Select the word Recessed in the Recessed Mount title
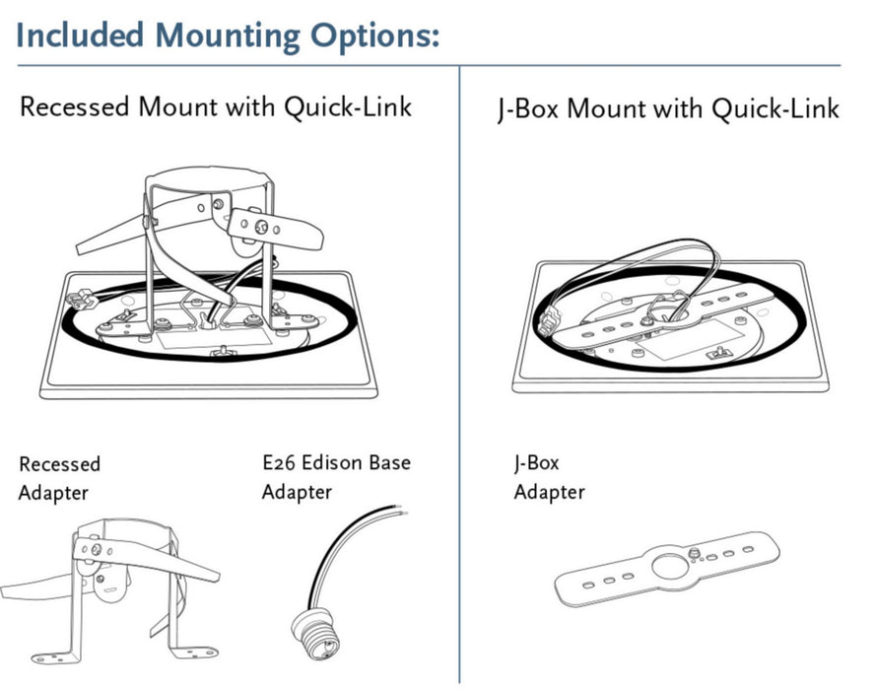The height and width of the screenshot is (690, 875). coord(75,107)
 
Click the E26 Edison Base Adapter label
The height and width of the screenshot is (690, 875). coord(335,476)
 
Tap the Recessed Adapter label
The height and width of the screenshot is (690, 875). coord(59,478)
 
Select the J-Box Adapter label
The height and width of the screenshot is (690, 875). coord(549,476)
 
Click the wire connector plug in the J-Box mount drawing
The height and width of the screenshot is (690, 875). coord(547,320)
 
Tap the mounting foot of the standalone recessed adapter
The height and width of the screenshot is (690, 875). coord(202,652)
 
